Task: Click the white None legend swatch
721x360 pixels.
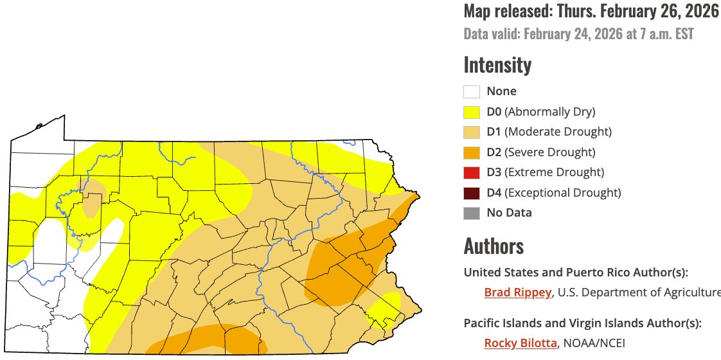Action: point(472,92)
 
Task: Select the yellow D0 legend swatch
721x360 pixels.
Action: point(472,112)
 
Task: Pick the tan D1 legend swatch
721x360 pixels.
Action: point(472,132)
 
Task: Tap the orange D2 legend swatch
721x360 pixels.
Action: point(472,152)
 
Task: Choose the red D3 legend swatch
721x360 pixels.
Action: point(472,172)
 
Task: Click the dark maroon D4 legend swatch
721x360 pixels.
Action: point(472,192)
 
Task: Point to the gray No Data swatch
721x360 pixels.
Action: point(472,213)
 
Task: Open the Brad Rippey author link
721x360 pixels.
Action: point(517,292)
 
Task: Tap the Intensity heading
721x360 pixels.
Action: point(497,65)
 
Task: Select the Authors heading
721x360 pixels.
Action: point(494,246)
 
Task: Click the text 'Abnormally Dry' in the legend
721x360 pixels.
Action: point(550,112)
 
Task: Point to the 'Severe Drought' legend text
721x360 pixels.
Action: point(550,152)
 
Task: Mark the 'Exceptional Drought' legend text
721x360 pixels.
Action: point(563,192)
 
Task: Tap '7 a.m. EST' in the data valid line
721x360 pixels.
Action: point(664,33)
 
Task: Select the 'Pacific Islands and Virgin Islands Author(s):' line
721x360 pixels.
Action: point(582,323)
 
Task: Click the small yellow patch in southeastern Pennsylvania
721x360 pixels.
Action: point(385,308)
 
